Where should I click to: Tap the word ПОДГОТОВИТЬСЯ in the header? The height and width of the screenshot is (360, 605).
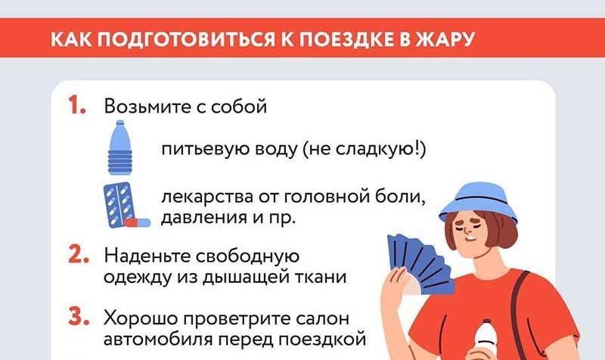(185, 39)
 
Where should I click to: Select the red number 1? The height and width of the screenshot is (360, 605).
(76, 105)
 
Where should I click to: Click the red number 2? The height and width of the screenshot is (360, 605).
(79, 255)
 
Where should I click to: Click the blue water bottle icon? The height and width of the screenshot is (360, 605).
(120, 147)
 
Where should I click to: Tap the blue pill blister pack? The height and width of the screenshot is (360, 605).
(118, 204)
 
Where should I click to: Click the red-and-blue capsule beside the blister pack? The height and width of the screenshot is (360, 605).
(138, 222)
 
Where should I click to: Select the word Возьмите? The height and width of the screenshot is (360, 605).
(147, 106)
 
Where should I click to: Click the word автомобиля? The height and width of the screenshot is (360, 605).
(158, 340)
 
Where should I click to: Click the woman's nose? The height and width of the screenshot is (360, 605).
(467, 231)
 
